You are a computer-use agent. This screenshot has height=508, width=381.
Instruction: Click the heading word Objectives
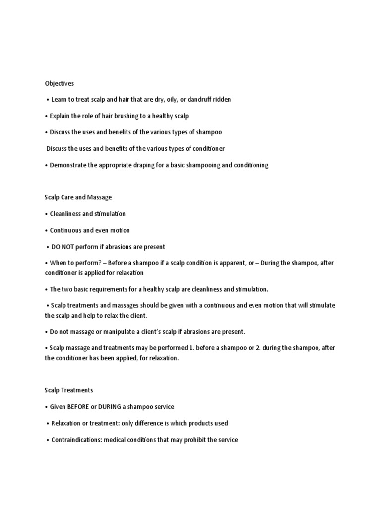pyautogui.click(x=59, y=84)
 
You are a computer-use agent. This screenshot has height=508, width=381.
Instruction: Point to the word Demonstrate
pyautogui.click(x=68, y=165)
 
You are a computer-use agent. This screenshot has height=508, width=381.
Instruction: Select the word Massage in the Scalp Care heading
pyautogui.click(x=100, y=197)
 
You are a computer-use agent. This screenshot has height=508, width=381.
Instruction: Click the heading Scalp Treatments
pyautogui.click(x=68, y=391)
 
